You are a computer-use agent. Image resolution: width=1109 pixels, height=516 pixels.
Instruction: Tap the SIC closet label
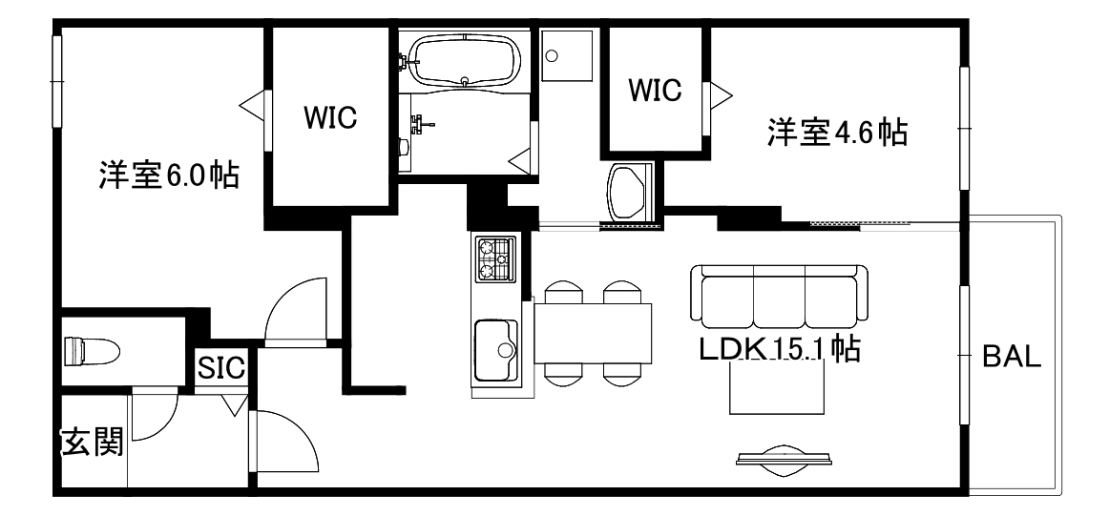click(222, 367)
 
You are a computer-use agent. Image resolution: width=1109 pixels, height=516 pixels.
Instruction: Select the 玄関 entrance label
click(93, 442)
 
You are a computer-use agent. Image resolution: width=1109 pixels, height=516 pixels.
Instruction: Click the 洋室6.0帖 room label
click(168, 175)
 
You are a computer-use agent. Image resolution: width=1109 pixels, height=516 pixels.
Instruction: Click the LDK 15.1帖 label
click(780, 349)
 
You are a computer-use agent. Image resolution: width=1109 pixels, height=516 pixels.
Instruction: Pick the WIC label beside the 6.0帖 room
click(330, 117)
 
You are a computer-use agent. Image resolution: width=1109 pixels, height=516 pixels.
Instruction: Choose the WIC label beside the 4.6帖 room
click(655, 90)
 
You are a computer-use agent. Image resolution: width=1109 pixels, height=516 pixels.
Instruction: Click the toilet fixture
click(91, 350)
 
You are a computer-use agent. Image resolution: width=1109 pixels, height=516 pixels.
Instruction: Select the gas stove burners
click(494, 259)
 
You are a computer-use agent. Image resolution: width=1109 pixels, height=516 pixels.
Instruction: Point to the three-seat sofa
click(780, 295)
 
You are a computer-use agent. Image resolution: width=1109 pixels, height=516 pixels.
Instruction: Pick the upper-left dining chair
click(560, 292)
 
